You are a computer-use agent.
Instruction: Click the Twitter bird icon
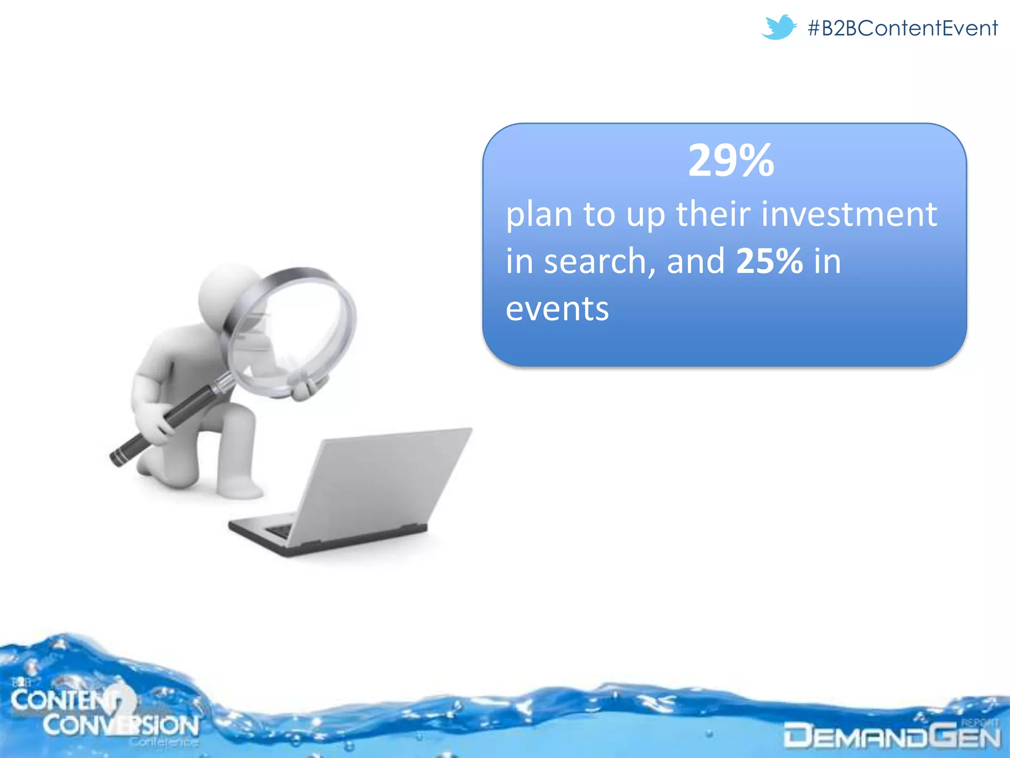point(778,27)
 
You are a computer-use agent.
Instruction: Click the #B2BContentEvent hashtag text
point(902,28)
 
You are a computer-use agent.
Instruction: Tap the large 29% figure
point(731,161)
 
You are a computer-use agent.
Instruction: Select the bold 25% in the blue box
point(769,261)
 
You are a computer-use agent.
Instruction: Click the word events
point(557,309)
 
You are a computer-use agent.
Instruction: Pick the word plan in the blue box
point(539,215)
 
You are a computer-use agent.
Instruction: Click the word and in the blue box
point(695,261)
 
